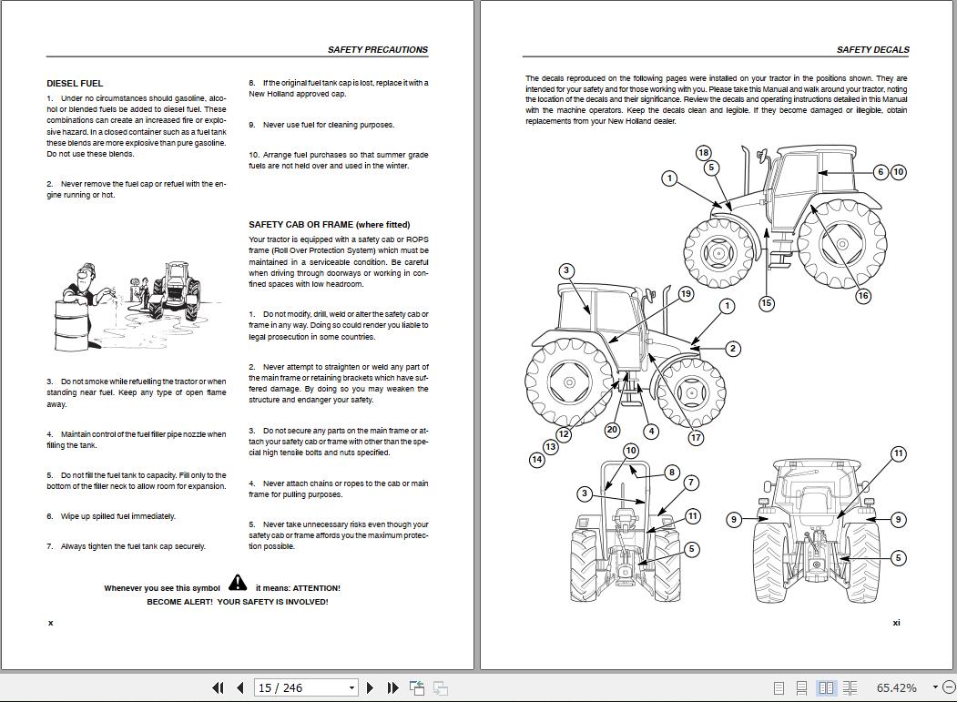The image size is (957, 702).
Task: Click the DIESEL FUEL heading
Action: [75, 83]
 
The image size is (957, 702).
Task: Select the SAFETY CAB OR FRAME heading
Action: [329, 224]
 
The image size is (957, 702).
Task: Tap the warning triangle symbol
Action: [238, 583]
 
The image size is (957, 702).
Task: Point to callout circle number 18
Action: [703, 153]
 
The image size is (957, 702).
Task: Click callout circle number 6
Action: [881, 172]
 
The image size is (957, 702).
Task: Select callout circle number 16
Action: [863, 295]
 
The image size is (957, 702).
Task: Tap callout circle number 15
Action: [767, 303]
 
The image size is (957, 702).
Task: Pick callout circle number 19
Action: [686, 293]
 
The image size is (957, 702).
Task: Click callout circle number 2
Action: [733, 349]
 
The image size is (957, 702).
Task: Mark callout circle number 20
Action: [612, 430]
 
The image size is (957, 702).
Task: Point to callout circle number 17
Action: [696, 438]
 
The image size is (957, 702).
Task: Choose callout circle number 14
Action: [537, 460]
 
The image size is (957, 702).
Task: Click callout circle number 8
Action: [672, 472]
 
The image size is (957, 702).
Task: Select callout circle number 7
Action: [691, 483]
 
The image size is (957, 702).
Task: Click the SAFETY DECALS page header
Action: [872, 50]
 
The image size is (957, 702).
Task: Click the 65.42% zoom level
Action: [896, 687]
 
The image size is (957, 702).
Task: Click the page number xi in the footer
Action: [896, 623]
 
